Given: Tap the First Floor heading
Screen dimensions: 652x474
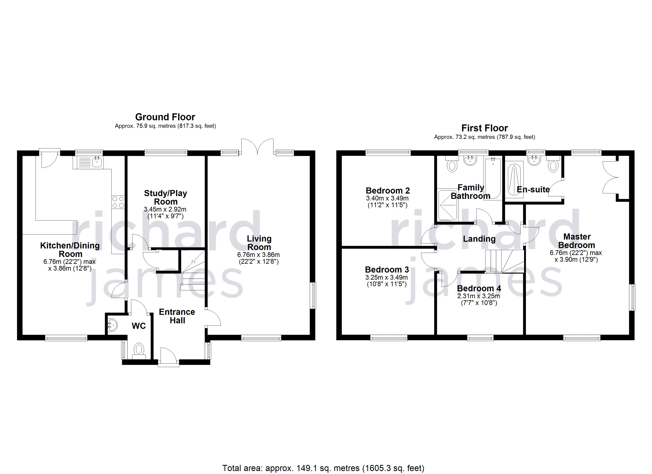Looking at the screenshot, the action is [485, 128].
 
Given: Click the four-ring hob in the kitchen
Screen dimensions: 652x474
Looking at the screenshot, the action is [118, 202].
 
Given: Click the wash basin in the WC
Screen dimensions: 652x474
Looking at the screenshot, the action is [113, 325].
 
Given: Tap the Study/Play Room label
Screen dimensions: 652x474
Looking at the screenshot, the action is [166, 197].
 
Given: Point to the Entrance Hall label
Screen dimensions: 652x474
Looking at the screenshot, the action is [177, 316].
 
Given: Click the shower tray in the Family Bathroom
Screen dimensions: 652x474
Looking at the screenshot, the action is [447, 205].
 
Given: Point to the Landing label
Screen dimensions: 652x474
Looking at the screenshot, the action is [479, 239].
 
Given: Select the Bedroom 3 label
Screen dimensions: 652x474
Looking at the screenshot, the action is [387, 270].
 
